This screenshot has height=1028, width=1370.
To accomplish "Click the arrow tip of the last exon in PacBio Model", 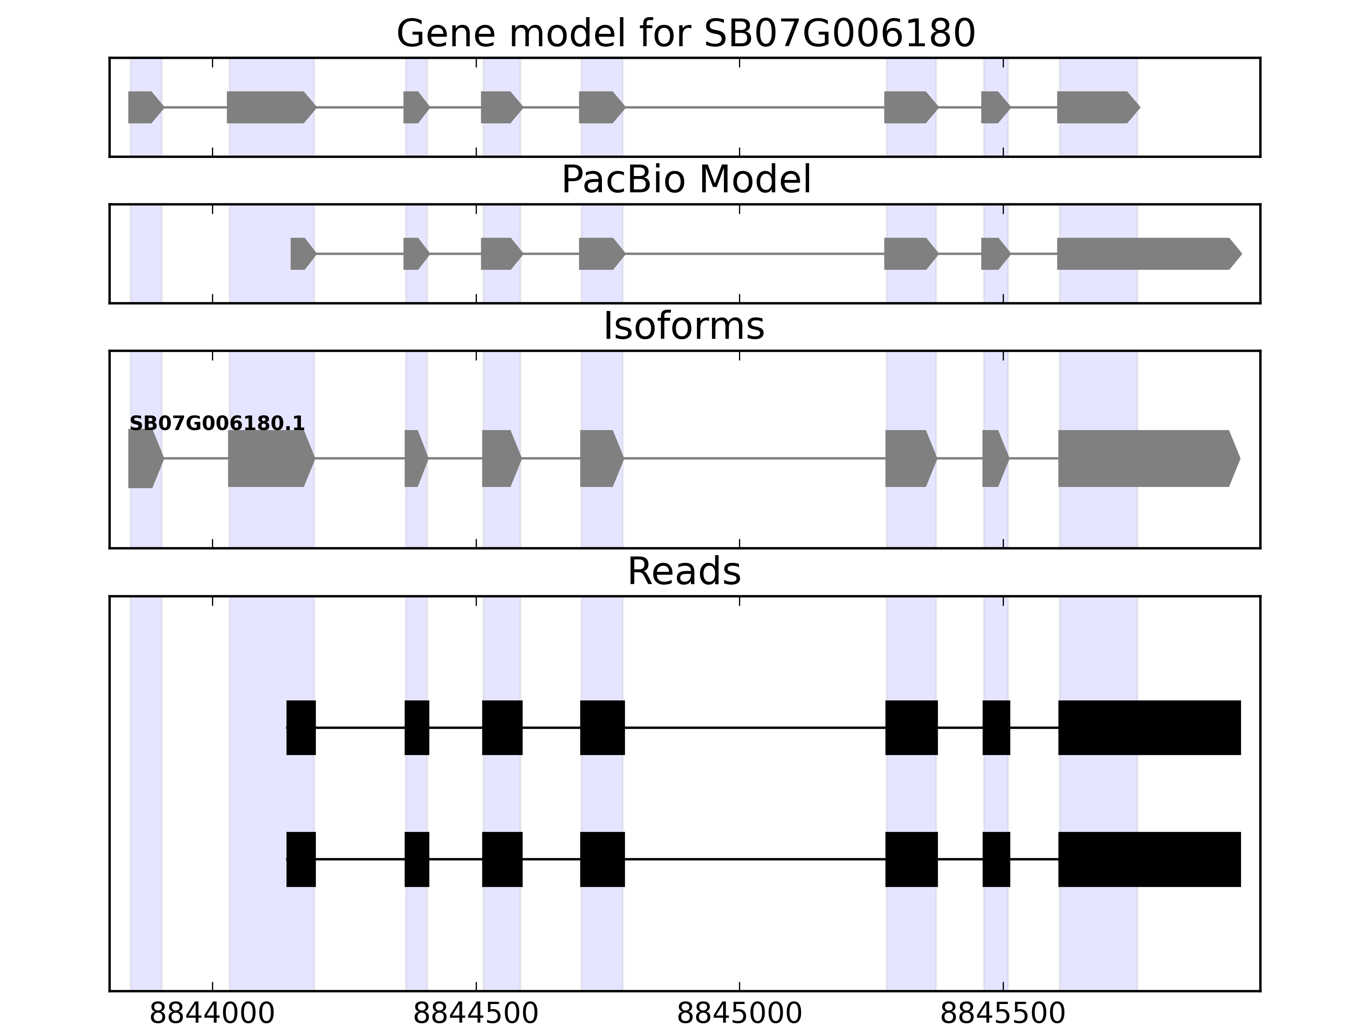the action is pyautogui.click(x=1242, y=254).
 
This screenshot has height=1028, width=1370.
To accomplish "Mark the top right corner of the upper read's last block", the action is pyautogui.click(x=1241, y=701).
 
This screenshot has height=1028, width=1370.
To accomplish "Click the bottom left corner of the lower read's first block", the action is pyautogui.click(x=287, y=887).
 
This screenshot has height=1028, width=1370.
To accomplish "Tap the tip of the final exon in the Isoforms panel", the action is pyautogui.click(x=1241, y=459).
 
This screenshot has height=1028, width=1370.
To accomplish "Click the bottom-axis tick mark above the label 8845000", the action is pyautogui.click(x=739, y=986).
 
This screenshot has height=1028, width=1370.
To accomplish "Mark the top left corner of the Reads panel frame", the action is pyautogui.click(x=110, y=597).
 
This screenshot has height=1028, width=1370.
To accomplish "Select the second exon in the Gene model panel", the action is pyautogui.click(x=272, y=107).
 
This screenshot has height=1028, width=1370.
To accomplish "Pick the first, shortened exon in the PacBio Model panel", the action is pyautogui.click(x=304, y=254).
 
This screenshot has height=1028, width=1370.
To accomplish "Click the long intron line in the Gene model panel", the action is pyautogui.click(x=754, y=107).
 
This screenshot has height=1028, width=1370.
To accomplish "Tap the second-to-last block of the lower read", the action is pyautogui.click(x=997, y=860).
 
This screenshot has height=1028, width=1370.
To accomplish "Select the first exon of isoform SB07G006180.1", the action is pyautogui.click(x=146, y=459).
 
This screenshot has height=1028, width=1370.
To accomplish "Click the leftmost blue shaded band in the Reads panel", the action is pyautogui.click(x=146, y=793).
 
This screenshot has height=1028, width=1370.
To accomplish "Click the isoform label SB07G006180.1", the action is pyautogui.click(x=217, y=423).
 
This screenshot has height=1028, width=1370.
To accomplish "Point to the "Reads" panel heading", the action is pyautogui.click(x=685, y=571).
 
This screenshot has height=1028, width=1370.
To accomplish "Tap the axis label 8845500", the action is pyautogui.click(x=1003, y=1014).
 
